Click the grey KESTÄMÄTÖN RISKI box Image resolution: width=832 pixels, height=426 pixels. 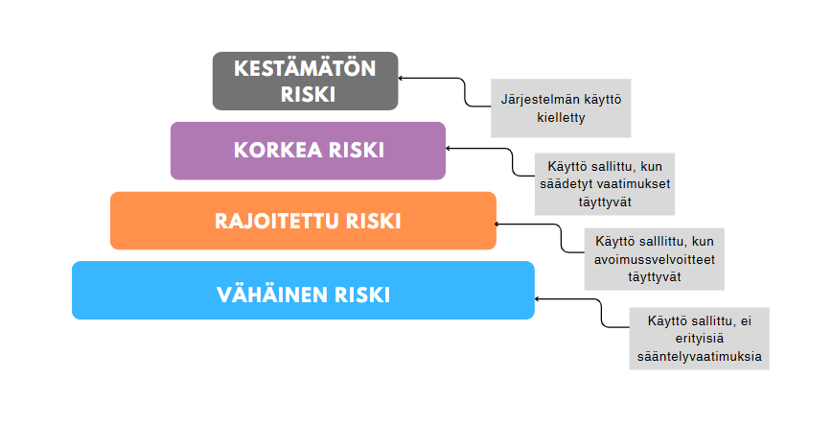(x=305, y=81)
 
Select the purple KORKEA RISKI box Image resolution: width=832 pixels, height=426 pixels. (x=308, y=151)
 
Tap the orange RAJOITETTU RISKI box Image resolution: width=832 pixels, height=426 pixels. (x=303, y=221)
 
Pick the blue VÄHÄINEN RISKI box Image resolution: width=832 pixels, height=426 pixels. (x=303, y=290)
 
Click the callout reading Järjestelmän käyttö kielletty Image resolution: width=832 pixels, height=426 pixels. (x=561, y=107)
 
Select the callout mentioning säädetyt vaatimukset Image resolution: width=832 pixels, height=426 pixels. (x=605, y=184)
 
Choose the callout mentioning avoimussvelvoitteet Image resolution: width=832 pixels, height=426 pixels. (x=655, y=259)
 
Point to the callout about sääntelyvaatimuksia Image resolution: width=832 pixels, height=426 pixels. (x=700, y=339)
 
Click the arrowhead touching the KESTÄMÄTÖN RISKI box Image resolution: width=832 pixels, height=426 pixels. (x=401, y=78)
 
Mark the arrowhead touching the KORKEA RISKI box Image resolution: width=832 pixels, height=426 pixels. (x=449, y=148)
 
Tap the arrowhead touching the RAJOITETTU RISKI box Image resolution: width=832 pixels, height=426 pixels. (x=497, y=225)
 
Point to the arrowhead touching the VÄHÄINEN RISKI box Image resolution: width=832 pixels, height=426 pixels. (x=538, y=299)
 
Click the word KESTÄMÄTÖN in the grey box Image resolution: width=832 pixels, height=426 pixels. (x=305, y=68)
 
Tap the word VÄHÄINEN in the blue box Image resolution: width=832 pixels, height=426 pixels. (x=272, y=295)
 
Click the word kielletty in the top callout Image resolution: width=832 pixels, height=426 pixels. (x=561, y=117)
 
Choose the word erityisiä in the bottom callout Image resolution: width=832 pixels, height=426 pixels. (x=700, y=339)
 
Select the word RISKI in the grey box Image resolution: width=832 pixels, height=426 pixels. (x=308, y=95)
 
